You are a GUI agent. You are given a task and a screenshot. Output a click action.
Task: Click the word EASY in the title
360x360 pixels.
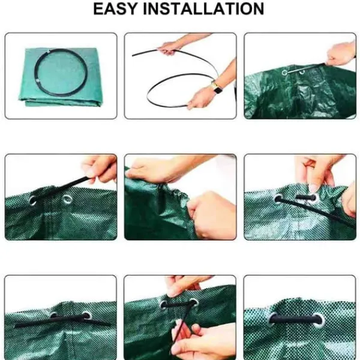(115, 9)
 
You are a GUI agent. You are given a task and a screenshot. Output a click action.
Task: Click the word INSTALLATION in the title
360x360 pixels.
(203, 9)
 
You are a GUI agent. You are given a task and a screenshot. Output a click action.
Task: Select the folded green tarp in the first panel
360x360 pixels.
(61, 77)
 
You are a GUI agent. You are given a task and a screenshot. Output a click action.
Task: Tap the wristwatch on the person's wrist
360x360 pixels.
(216, 88)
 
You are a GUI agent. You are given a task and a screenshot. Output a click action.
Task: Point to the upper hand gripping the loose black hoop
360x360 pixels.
(169, 48)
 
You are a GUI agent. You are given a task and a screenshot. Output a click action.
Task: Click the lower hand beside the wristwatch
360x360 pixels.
(200, 99)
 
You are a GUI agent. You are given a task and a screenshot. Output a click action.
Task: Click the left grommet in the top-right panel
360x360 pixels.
(284, 73)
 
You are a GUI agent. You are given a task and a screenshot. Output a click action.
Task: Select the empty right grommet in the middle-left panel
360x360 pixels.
(67, 199)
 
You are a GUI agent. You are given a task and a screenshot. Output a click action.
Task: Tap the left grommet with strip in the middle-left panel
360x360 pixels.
(32, 200)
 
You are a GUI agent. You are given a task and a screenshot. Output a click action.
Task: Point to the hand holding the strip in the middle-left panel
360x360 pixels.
(100, 169)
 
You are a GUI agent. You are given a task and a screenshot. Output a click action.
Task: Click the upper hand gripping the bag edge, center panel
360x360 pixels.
(152, 170)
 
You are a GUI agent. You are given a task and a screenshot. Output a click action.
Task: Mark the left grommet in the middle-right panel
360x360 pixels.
(278, 199)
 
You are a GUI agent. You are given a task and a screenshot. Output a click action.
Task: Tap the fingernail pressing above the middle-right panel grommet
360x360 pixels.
(313, 188)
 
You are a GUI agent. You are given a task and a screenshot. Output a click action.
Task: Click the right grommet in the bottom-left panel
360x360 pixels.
(87, 316)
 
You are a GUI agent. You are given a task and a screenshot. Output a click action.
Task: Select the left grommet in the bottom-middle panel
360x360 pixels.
(163, 305)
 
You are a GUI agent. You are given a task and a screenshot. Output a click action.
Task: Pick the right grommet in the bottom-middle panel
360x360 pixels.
(193, 303)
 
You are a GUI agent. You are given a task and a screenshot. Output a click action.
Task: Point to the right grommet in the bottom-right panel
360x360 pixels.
(320, 320)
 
